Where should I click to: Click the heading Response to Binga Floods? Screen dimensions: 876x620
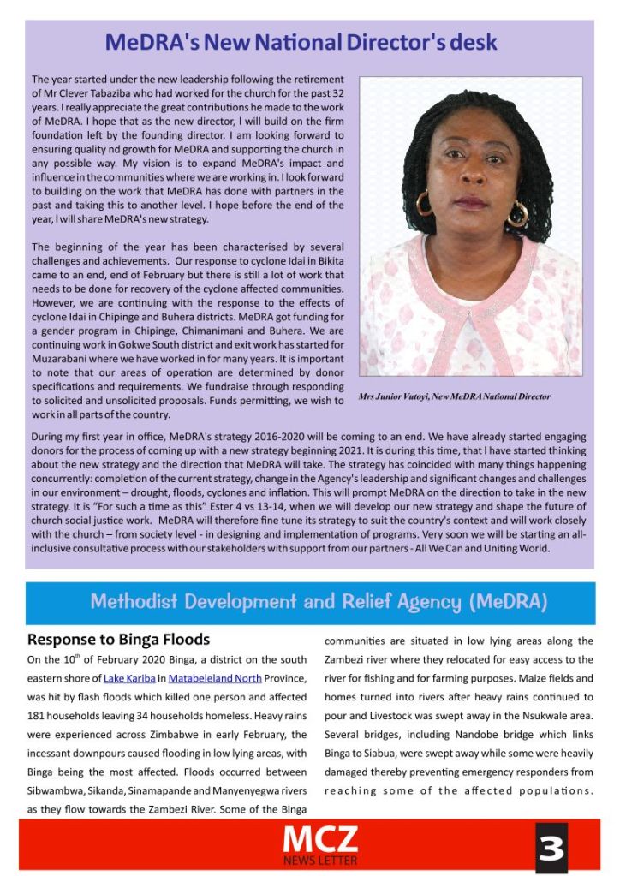pyautogui.click(x=118, y=640)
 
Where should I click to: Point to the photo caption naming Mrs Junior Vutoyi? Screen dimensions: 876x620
pyautogui.click(x=454, y=396)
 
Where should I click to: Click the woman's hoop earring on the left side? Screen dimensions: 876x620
pyautogui.click(x=423, y=204)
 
